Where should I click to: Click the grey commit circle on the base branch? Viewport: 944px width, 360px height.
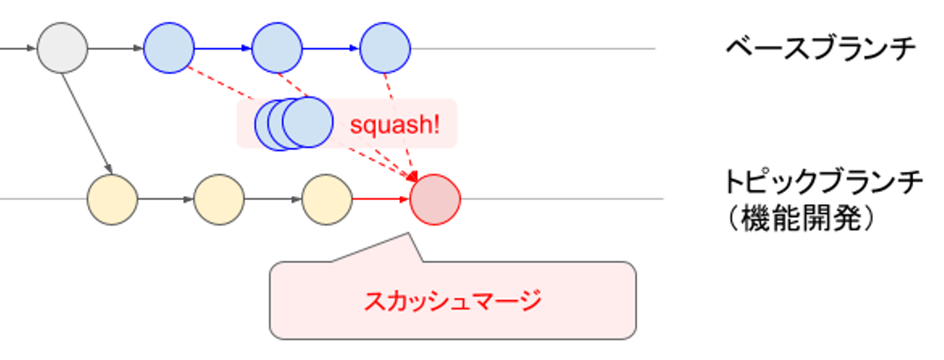pos(62,48)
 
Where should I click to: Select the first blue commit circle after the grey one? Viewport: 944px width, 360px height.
pos(169,48)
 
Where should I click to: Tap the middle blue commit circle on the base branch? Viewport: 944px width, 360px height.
pos(277,48)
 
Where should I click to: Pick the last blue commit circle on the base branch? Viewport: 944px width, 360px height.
pos(385,48)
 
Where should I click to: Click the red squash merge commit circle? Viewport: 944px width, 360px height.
pos(435,199)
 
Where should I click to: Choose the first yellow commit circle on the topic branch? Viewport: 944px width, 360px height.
pos(113,199)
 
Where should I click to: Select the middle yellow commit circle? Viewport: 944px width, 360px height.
pos(219,199)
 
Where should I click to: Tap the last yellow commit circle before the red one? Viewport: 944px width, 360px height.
pos(326,199)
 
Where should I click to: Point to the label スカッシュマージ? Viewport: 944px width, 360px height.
pos(453,302)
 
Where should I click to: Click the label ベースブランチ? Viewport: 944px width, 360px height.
pos(820,49)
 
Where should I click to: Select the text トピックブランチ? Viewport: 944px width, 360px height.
pos(823,182)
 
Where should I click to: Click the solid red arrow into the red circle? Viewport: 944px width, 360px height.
pos(381,199)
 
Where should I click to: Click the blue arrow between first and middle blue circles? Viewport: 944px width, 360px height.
pos(223,48)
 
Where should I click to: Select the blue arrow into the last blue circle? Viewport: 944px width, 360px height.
pos(331,48)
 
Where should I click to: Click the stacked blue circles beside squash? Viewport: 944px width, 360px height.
pos(294,123)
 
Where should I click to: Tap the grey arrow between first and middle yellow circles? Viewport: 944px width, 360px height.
pos(166,199)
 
